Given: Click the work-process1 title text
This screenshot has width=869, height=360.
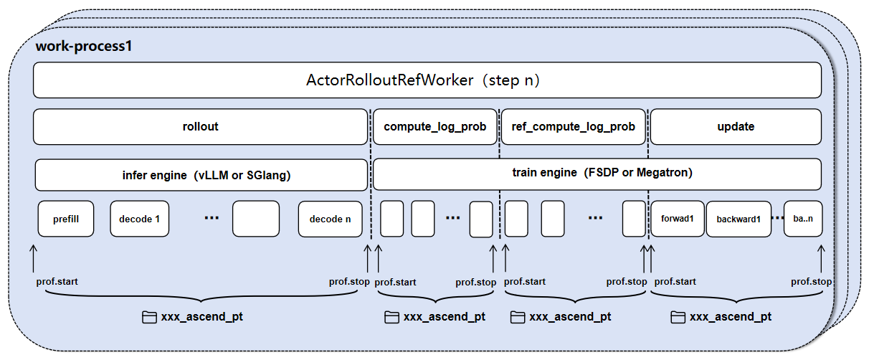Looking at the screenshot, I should tap(83, 47).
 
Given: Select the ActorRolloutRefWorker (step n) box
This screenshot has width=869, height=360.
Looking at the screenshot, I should tap(427, 80).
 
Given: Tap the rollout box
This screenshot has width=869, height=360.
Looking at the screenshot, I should tap(200, 126).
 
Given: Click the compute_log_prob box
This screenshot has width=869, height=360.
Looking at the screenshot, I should tap(435, 126).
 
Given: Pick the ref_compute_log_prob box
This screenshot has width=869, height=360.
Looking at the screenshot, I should tap(573, 126).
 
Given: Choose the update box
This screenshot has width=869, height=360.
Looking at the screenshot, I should tap(736, 126).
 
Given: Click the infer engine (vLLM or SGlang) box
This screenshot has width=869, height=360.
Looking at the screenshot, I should tap(201, 174).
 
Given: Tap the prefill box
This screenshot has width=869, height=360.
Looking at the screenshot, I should tap(67, 219).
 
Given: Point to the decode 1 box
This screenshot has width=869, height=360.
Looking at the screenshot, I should tap(139, 219).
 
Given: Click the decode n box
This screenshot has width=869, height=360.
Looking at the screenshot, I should tap(330, 219).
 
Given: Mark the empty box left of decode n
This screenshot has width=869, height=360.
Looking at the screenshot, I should tap(255, 219).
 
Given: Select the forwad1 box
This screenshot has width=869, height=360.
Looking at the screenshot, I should tap(677, 219).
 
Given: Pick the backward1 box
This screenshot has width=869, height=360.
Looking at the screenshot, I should tap(739, 219).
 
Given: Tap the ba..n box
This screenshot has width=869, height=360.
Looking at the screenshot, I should tap(803, 219).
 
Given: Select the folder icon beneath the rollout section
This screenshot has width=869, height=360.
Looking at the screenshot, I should tap(149, 317).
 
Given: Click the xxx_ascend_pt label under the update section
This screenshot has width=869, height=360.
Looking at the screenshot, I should tap(731, 317).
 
